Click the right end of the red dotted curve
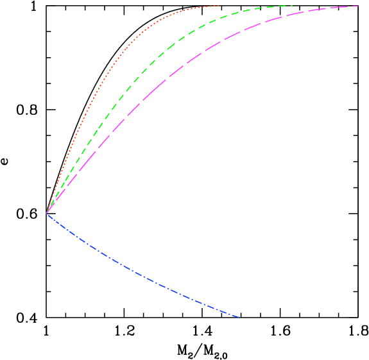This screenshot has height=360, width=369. tap(219, 5)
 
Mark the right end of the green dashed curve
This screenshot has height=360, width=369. tap(292, 5)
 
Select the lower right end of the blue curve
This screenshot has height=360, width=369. tap(239, 317)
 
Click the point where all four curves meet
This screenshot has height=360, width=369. tap(47, 213)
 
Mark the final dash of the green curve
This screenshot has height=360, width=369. tap(286, 6)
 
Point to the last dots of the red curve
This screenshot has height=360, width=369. tap(215, 6)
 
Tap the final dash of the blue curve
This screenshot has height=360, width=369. tap(234, 315)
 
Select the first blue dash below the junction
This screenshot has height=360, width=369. tap(51, 217)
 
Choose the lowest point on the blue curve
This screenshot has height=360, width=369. tap(239, 317)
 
